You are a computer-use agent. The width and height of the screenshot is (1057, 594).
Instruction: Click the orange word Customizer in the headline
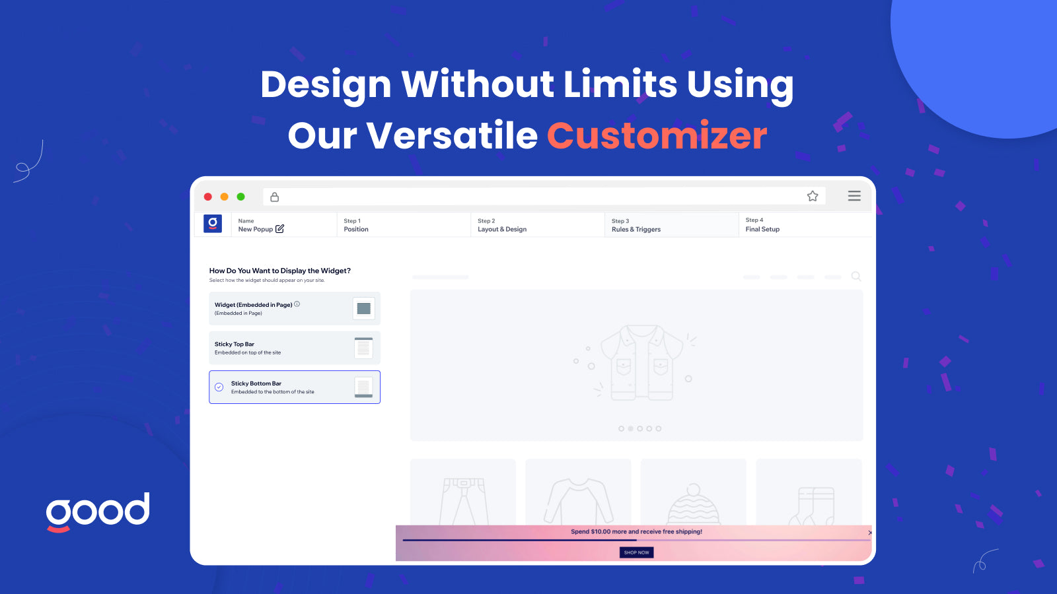click(657, 136)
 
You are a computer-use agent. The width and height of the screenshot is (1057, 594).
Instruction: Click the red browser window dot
click(208, 197)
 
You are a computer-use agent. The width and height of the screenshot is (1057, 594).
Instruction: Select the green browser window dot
click(241, 197)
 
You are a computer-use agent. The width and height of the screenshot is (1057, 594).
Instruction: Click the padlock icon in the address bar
click(275, 197)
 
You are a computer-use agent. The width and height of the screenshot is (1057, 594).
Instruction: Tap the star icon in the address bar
click(813, 196)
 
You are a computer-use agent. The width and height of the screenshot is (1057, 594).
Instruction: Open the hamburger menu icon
click(854, 196)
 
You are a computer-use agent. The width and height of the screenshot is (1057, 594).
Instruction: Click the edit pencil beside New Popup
click(279, 229)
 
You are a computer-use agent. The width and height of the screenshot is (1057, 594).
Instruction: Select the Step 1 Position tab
click(356, 225)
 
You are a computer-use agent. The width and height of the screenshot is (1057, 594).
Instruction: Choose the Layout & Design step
click(502, 225)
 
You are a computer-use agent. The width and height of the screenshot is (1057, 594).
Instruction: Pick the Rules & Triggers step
click(636, 225)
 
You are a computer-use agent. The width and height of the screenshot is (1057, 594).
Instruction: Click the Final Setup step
click(762, 225)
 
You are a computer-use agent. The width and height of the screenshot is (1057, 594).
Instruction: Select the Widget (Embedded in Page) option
click(295, 309)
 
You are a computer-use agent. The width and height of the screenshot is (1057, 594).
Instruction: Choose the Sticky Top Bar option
click(295, 348)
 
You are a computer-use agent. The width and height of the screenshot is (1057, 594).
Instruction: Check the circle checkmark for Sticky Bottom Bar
click(219, 387)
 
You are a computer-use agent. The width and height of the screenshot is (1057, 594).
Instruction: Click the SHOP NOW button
click(636, 552)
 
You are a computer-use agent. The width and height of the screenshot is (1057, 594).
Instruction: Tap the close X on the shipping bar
click(869, 533)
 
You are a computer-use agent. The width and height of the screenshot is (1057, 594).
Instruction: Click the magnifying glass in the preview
click(856, 277)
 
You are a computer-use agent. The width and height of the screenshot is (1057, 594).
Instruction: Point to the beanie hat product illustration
click(693, 505)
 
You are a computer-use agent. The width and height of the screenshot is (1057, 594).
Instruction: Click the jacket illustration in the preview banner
click(641, 362)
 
